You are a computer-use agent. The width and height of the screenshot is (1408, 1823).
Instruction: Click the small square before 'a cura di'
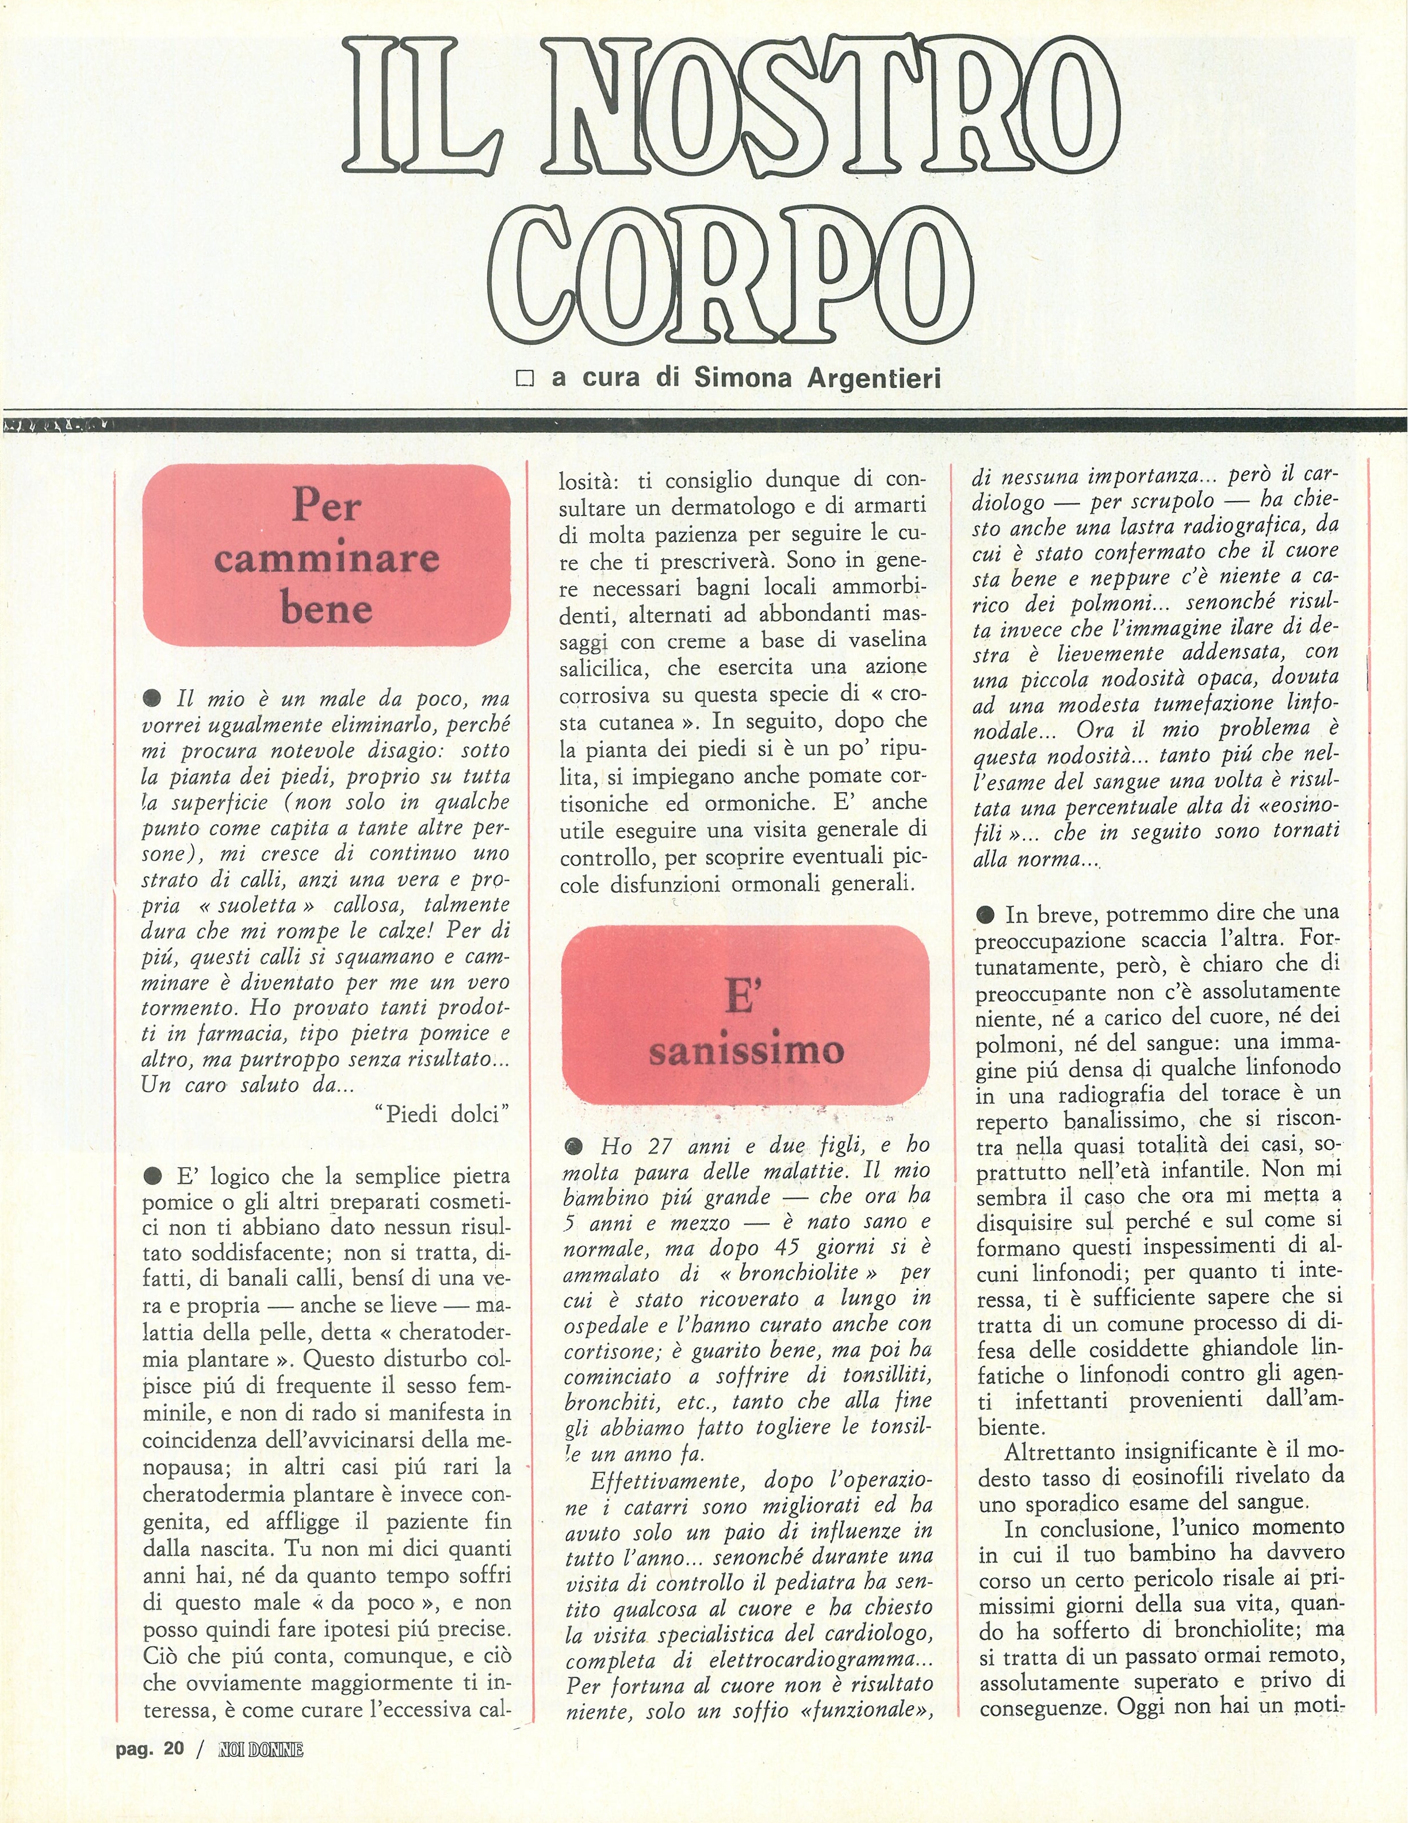pyautogui.click(x=525, y=379)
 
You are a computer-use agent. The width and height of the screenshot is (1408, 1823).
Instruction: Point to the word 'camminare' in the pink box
pyautogui.click(x=327, y=557)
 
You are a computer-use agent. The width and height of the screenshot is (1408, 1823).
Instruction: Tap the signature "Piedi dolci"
pyautogui.click(x=443, y=1114)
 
